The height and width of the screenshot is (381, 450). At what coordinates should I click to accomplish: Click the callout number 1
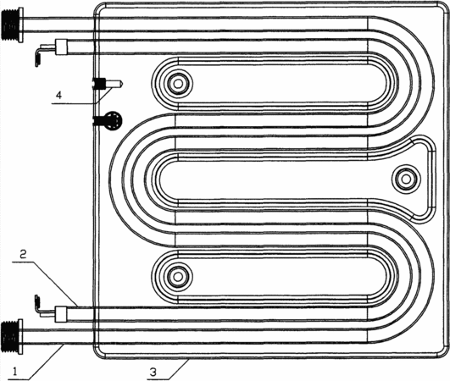click(x=15, y=372)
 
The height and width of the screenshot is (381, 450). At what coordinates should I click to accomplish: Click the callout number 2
click(x=24, y=254)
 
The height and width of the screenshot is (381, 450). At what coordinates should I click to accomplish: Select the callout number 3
click(x=153, y=373)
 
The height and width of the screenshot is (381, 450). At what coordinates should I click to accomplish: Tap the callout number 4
click(x=58, y=95)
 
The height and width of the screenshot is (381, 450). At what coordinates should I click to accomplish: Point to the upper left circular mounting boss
click(x=178, y=84)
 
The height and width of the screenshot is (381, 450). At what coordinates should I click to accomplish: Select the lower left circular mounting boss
click(x=178, y=277)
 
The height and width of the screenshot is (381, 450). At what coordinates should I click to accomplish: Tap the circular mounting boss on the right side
click(x=406, y=179)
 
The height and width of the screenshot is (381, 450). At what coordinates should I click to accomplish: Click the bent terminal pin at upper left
click(x=43, y=53)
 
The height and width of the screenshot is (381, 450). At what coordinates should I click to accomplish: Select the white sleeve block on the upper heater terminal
click(x=61, y=47)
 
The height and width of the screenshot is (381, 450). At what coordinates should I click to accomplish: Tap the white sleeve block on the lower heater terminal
click(x=61, y=313)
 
